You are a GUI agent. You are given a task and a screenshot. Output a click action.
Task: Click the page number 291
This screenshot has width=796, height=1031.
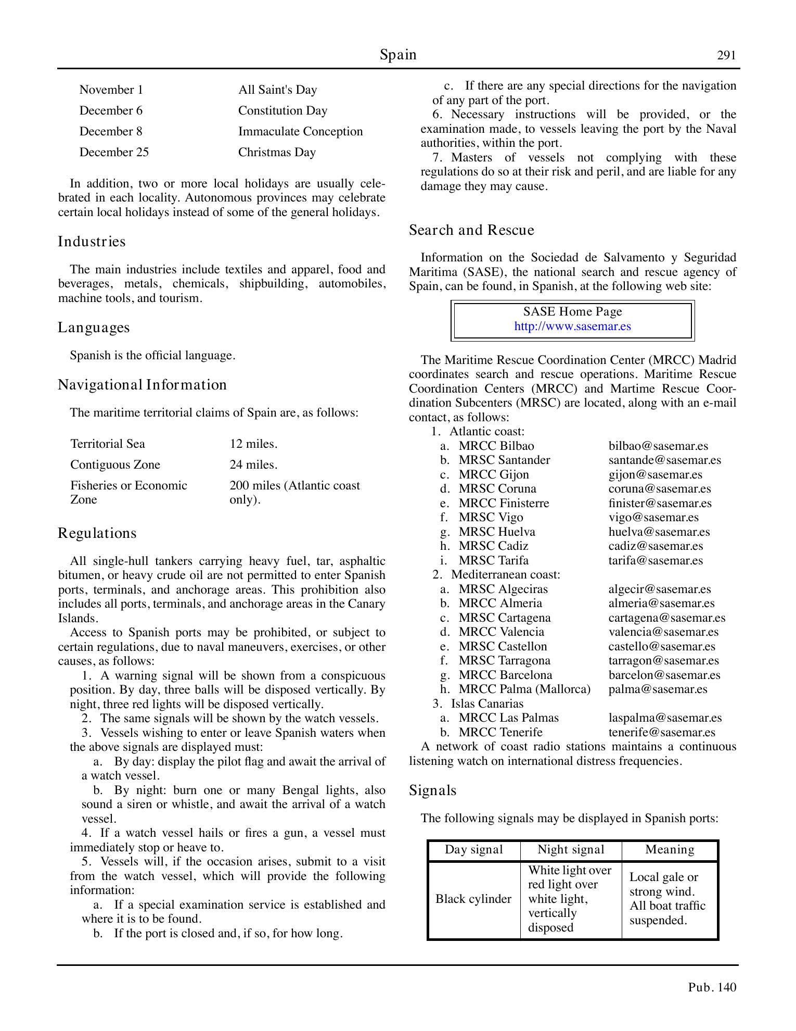(x=726, y=56)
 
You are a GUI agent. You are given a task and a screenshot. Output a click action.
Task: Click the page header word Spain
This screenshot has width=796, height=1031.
(x=397, y=55)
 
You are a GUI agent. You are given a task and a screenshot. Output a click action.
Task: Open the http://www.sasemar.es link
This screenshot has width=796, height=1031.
(x=572, y=326)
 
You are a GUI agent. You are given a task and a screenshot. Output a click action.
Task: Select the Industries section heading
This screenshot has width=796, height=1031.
(x=92, y=242)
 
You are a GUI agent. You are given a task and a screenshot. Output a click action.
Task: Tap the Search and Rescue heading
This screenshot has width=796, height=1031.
(x=471, y=230)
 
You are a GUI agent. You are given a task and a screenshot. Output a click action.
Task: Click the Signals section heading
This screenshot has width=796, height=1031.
(x=432, y=790)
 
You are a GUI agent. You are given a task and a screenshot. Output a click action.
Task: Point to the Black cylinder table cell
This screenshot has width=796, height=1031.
(x=473, y=899)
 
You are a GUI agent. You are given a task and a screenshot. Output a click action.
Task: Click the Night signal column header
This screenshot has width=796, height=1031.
(x=571, y=850)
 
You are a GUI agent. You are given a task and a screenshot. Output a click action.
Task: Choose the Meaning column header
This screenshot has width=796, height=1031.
(x=670, y=850)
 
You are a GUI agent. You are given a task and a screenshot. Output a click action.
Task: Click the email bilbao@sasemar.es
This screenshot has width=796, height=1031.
(x=658, y=446)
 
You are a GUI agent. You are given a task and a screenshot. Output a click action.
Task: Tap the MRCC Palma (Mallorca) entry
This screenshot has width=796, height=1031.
(x=524, y=689)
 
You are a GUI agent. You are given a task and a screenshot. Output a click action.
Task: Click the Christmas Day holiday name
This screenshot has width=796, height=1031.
(x=277, y=153)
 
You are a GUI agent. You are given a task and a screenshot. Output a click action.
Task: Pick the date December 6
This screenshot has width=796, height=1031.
(x=111, y=111)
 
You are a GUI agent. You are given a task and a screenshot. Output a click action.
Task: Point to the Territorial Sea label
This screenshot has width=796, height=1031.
(x=108, y=444)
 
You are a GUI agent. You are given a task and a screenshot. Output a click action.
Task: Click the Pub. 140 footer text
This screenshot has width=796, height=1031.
(x=712, y=987)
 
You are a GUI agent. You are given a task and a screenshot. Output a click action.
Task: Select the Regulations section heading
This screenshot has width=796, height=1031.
(x=97, y=533)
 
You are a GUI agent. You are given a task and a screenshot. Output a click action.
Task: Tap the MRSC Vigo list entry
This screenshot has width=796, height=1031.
(x=491, y=518)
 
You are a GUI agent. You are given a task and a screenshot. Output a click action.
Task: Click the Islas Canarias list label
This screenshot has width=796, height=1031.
(x=487, y=704)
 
